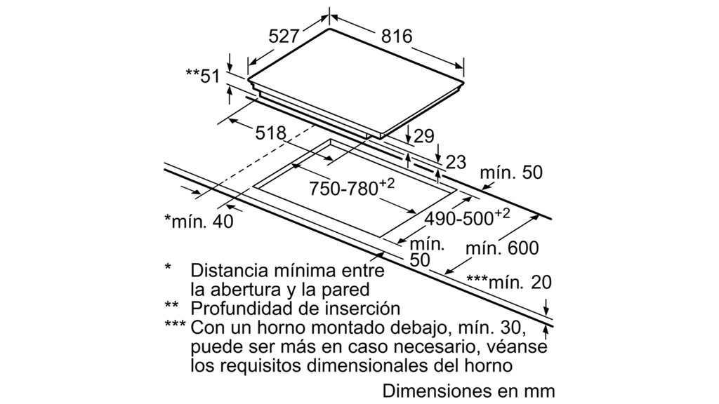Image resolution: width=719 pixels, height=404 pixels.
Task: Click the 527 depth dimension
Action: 284,36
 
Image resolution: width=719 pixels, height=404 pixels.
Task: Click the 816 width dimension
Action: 397,36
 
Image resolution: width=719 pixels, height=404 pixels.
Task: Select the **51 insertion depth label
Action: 203,76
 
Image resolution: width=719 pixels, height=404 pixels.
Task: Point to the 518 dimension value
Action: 270,133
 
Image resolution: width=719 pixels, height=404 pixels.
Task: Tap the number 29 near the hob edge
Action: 423,136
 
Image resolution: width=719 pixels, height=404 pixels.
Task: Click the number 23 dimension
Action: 456,162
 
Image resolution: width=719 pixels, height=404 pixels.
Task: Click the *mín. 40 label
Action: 199,221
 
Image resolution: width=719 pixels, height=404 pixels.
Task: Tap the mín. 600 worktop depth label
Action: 502,248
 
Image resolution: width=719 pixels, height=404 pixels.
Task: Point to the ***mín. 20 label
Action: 509,282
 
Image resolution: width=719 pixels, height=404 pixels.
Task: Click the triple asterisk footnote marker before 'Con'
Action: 175,324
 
